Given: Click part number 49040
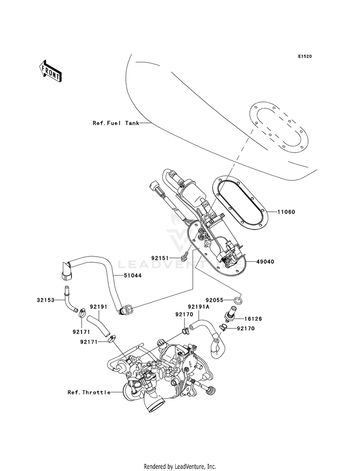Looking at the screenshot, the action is [x=265, y=262].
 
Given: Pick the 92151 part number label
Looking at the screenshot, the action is [x=160, y=258].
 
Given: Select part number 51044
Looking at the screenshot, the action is [x=132, y=275].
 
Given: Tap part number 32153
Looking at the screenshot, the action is [x=46, y=300].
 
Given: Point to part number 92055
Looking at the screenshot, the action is [x=223, y=300].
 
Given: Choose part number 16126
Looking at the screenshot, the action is [x=253, y=319].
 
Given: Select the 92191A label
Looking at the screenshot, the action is [x=199, y=307].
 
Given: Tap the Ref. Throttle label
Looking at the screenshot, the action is [x=89, y=392].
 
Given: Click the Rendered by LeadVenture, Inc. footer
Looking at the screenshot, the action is [x=180, y=466].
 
